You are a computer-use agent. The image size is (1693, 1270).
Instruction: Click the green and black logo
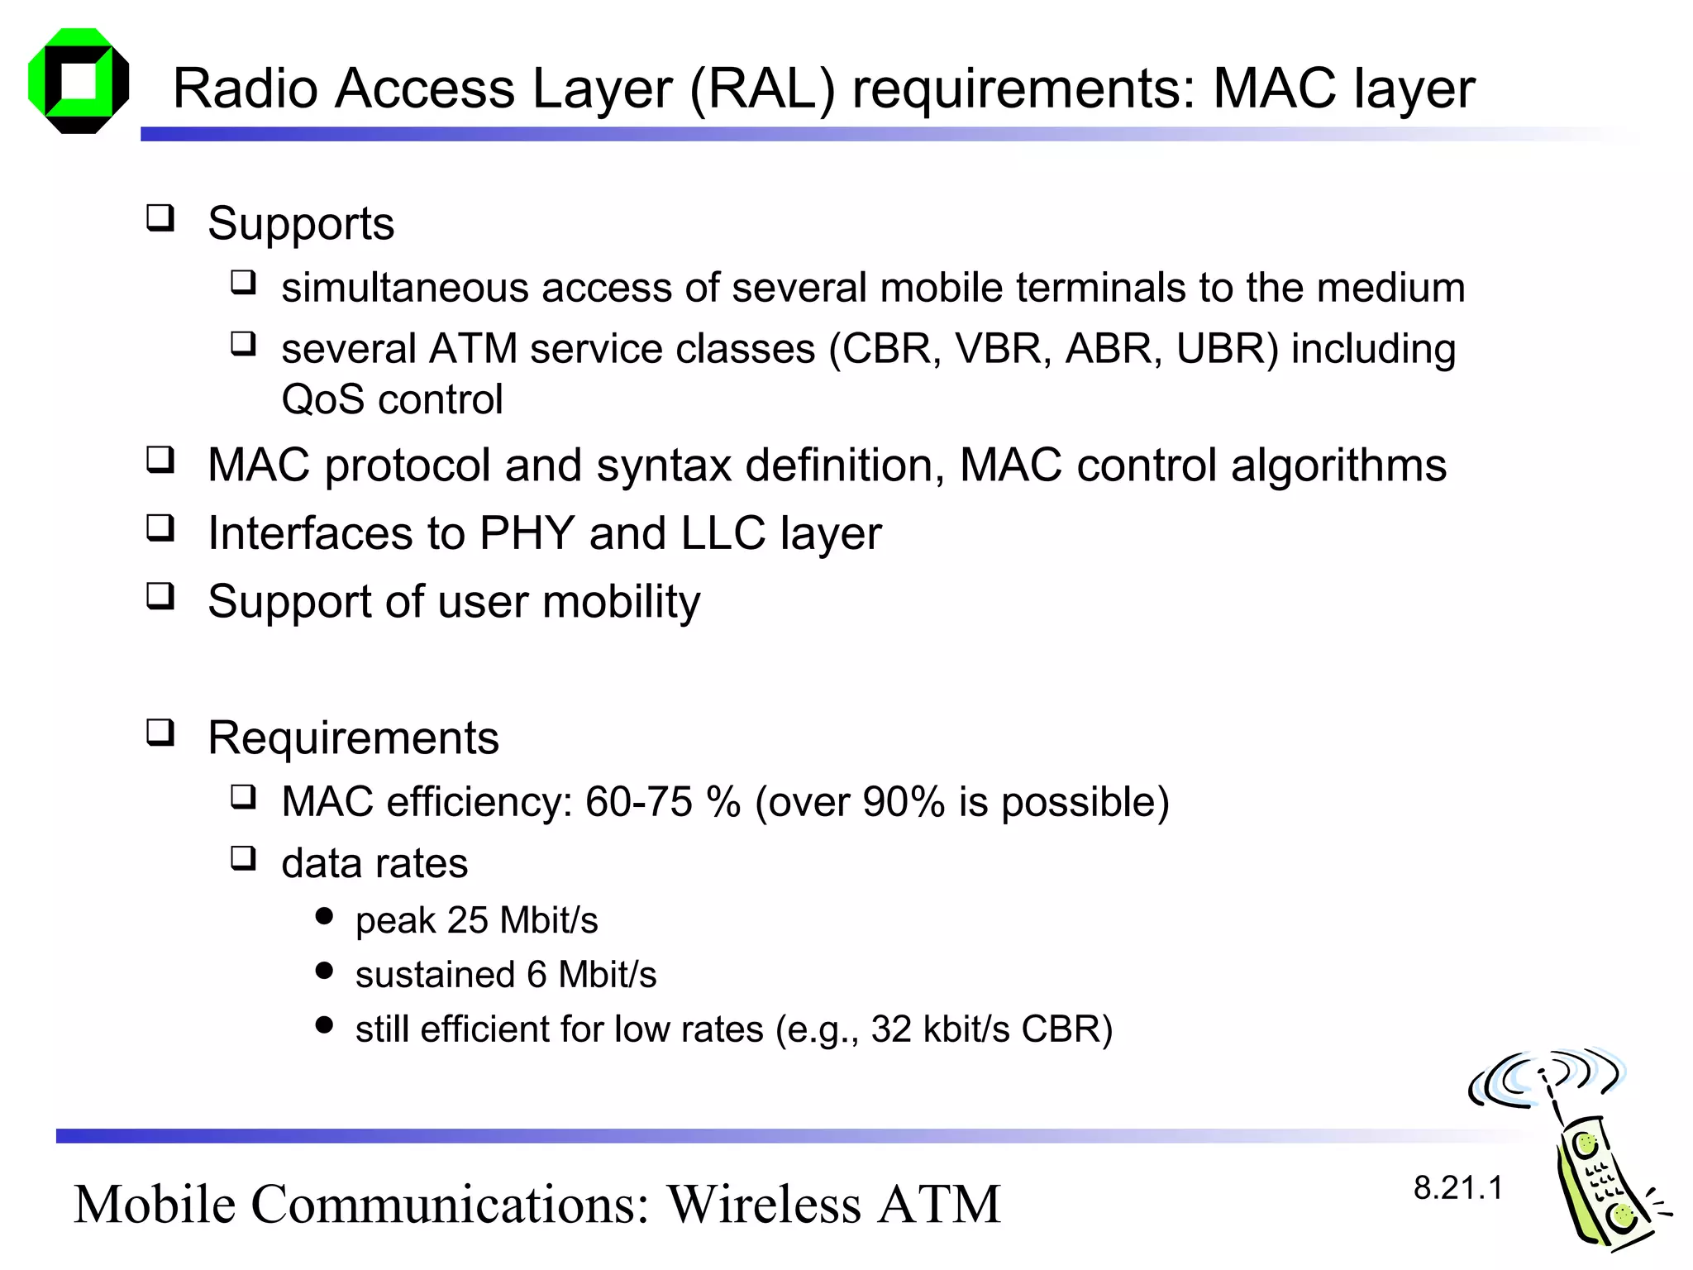79,81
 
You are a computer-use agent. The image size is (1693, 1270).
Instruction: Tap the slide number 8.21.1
1457,1188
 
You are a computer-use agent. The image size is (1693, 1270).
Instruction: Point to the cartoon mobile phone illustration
1575,1158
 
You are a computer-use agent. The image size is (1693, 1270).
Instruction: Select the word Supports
301,224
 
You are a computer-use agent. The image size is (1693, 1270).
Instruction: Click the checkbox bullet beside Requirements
160,733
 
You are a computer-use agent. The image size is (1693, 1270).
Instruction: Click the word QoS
322,400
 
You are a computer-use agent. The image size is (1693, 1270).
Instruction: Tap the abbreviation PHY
527,533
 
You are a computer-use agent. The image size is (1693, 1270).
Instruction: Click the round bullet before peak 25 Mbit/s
324,916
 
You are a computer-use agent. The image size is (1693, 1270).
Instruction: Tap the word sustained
434,975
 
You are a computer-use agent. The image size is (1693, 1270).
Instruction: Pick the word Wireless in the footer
765,1204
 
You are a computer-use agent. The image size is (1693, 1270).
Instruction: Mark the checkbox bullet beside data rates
243,858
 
